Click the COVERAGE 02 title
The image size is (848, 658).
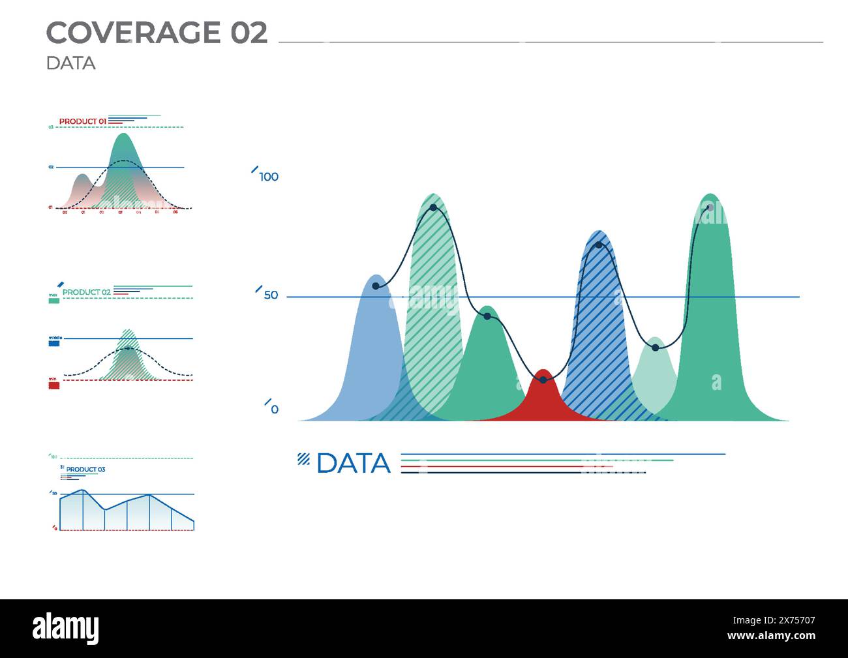tap(157, 33)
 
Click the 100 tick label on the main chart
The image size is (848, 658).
tap(269, 177)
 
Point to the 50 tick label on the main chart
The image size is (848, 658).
tap(271, 295)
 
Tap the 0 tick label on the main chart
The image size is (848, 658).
tap(275, 410)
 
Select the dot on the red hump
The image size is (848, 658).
tap(543, 380)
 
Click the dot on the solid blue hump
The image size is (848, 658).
tap(376, 286)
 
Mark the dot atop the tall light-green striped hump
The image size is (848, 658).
tap(433, 208)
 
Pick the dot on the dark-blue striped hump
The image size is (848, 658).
tap(599, 245)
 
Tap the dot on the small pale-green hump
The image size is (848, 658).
tap(656, 348)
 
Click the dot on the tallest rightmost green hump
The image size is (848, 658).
tap(710, 208)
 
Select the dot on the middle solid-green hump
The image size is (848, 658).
tap(487, 316)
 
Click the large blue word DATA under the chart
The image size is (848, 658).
tap(353, 464)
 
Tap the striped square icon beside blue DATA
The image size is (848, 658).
tap(303, 459)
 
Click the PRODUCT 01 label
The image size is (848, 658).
tap(82, 121)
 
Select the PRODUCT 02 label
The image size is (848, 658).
tap(86, 292)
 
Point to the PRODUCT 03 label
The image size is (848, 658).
tap(85, 470)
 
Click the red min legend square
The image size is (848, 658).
tap(54, 385)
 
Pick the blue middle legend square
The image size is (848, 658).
tap(54, 342)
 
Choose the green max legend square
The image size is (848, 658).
tap(54, 301)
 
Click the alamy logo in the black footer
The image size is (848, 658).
tap(66, 629)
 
